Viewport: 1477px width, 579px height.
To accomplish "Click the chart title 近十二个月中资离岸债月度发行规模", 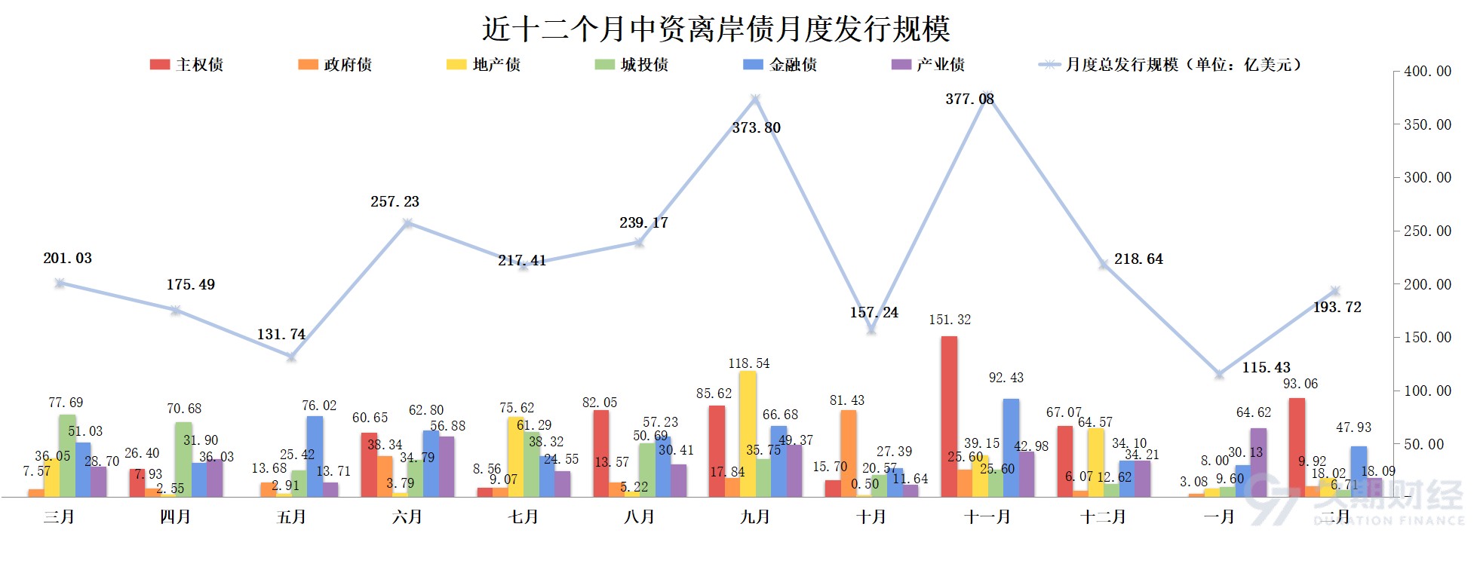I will pos(715,29).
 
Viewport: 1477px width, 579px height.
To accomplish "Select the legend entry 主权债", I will pos(186,65).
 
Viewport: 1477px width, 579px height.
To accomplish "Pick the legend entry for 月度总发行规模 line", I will pos(1169,65).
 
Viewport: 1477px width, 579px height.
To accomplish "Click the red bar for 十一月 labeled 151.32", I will pos(949,416).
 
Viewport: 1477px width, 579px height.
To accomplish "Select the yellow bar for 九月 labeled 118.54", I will pos(748,433).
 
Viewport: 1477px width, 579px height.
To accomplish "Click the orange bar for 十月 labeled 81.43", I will pos(848,453).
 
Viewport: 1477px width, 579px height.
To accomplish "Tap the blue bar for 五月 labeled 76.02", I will pos(315,456).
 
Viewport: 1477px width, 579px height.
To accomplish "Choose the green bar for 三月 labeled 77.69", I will pos(67,455).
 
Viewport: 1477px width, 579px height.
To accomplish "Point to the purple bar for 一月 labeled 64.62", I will pos(1258,462).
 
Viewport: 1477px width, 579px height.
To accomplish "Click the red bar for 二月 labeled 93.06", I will pos(1297,447).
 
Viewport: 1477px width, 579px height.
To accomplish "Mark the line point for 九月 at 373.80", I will pos(755,99).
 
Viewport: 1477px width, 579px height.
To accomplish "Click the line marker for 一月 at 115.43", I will pos(1219,374).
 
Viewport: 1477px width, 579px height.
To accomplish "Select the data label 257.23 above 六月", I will pos(395,202).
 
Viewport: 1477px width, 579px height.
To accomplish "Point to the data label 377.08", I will pos(969,99).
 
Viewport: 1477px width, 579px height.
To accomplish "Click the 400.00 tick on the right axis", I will pos(1427,72).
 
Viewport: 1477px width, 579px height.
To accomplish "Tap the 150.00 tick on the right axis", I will pos(1427,337).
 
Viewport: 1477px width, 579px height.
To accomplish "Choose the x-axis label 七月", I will pos(524,517).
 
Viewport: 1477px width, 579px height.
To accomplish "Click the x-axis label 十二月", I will pos(1104,517).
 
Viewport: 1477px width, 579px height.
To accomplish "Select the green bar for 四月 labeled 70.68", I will pos(183,459).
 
